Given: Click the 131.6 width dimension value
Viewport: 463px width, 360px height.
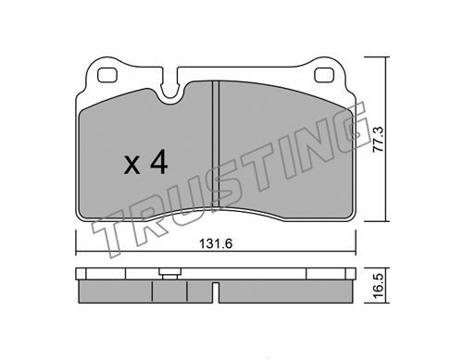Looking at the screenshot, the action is (x=216, y=243).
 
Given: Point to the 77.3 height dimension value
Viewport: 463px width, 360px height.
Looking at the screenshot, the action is (x=378, y=139).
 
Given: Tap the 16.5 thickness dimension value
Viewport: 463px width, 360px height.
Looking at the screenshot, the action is (x=378, y=285).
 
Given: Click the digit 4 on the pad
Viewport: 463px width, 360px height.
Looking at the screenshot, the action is (x=159, y=164).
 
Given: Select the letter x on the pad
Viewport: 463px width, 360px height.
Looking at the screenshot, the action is (x=132, y=166).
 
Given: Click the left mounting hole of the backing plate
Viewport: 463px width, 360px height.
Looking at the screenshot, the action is (x=107, y=75).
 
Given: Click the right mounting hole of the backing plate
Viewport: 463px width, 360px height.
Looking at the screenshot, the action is (x=324, y=75).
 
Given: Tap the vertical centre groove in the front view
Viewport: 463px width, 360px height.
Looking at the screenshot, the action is (x=216, y=143).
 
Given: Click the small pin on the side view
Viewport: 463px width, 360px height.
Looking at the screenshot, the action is (x=169, y=274).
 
